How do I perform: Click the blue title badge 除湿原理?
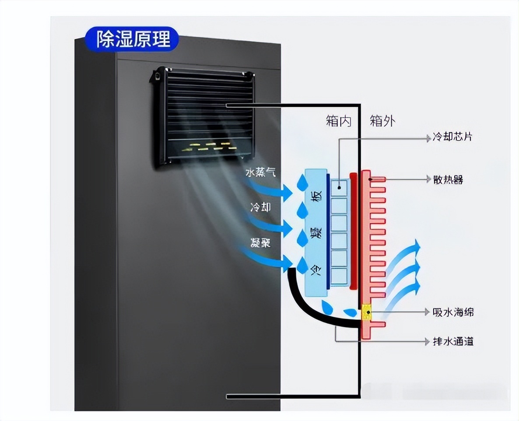[x=132, y=39]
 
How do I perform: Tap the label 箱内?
[x=338, y=121]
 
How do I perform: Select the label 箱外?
[x=382, y=121]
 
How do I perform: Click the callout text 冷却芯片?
[x=452, y=137]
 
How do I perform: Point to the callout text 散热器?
[x=448, y=179]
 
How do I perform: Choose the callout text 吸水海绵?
[x=452, y=312]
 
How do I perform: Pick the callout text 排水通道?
[x=452, y=341]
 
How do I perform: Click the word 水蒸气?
[x=260, y=172]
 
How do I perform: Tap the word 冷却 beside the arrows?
[x=260, y=207]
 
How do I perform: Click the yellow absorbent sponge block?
[x=366, y=312]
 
